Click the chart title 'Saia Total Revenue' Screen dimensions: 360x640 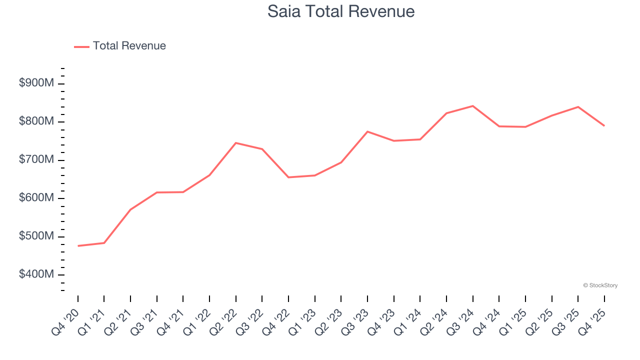[341, 11]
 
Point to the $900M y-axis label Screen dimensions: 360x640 [36, 83]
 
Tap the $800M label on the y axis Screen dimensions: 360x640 [36, 121]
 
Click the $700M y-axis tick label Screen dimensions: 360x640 [36, 160]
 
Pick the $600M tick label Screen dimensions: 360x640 [36, 198]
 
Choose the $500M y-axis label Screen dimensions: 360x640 [36, 236]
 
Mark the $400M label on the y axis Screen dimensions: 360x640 [36, 274]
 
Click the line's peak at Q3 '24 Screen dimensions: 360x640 [472, 106]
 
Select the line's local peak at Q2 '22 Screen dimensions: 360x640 [235, 143]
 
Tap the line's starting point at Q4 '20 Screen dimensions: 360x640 [78, 246]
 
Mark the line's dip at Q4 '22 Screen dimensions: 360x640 [288, 177]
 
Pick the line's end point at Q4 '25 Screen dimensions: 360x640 [604, 125]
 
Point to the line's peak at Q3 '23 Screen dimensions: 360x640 [367, 131]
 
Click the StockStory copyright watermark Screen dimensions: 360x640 [600, 285]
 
